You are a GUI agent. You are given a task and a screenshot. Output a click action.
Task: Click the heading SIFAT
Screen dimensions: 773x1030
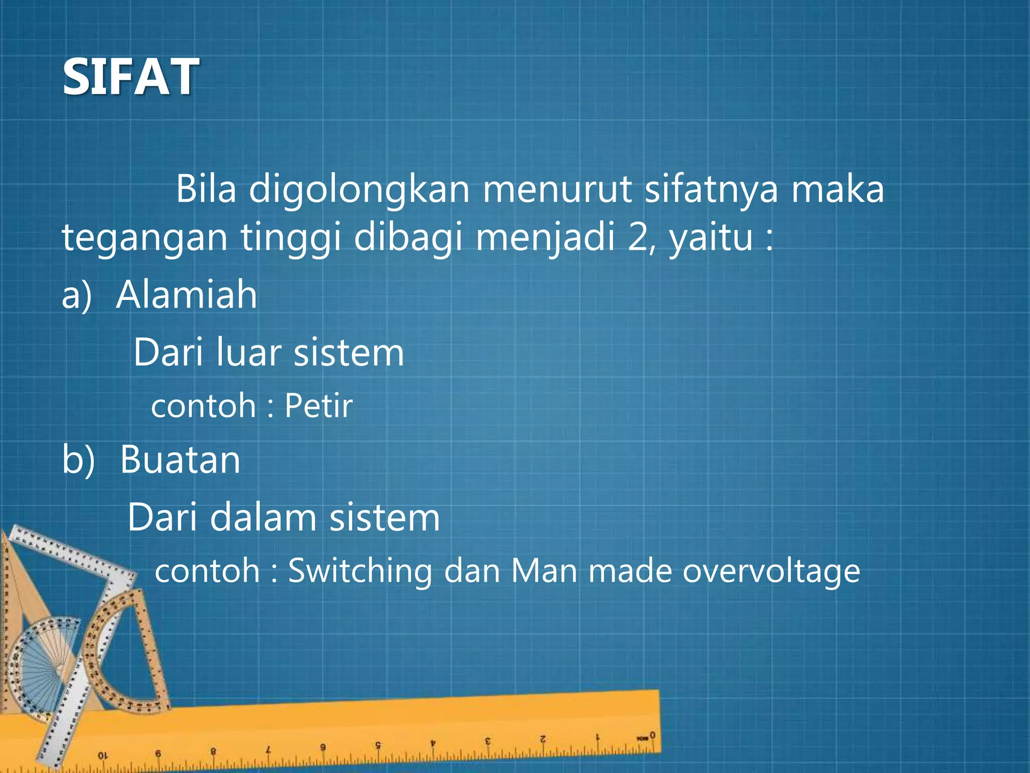pyautogui.click(x=130, y=76)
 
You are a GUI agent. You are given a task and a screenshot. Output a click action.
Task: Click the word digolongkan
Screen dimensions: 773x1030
pyautogui.click(x=359, y=190)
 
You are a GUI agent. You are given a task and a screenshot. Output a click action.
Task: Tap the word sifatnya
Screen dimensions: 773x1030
pyautogui.click(x=711, y=190)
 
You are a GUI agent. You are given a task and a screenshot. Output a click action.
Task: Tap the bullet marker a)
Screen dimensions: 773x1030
pyautogui.click(x=76, y=295)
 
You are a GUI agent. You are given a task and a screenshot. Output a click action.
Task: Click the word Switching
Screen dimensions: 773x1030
pyautogui.click(x=360, y=571)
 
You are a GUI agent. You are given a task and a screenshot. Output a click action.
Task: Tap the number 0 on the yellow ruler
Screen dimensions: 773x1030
pyautogui.click(x=652, y=735)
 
